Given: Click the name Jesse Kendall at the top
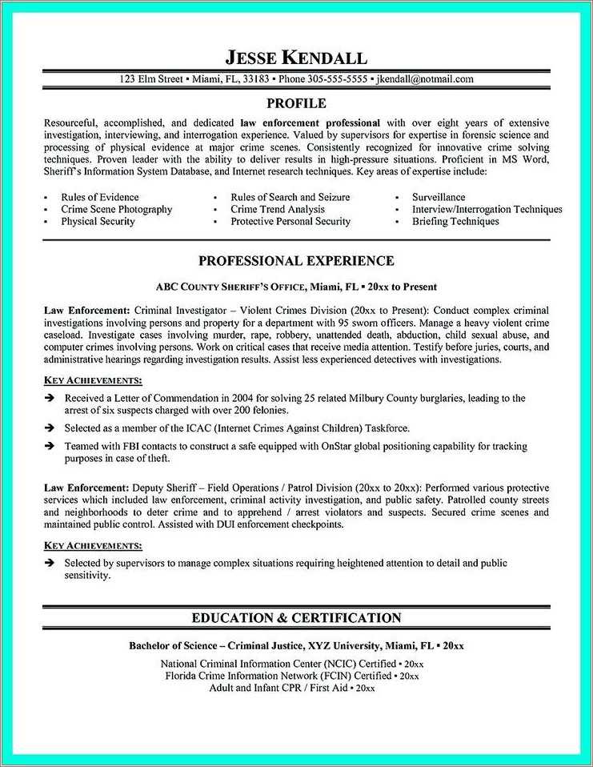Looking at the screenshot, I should pos(295,58).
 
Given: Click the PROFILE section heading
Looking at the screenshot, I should pos(295,103).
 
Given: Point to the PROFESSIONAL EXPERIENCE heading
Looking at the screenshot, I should pos(295,261).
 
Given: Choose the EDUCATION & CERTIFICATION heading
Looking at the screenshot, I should pos(295,617).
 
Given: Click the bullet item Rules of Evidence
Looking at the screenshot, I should pos(99,197).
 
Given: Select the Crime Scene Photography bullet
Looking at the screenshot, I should pos(116,209).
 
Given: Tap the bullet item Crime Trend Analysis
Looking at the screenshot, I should pos(277,209).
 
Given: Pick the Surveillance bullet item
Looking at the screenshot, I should pos(438,197).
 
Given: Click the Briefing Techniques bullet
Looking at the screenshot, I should pos(455,221).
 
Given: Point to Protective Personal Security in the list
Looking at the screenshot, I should pos(290,221).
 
